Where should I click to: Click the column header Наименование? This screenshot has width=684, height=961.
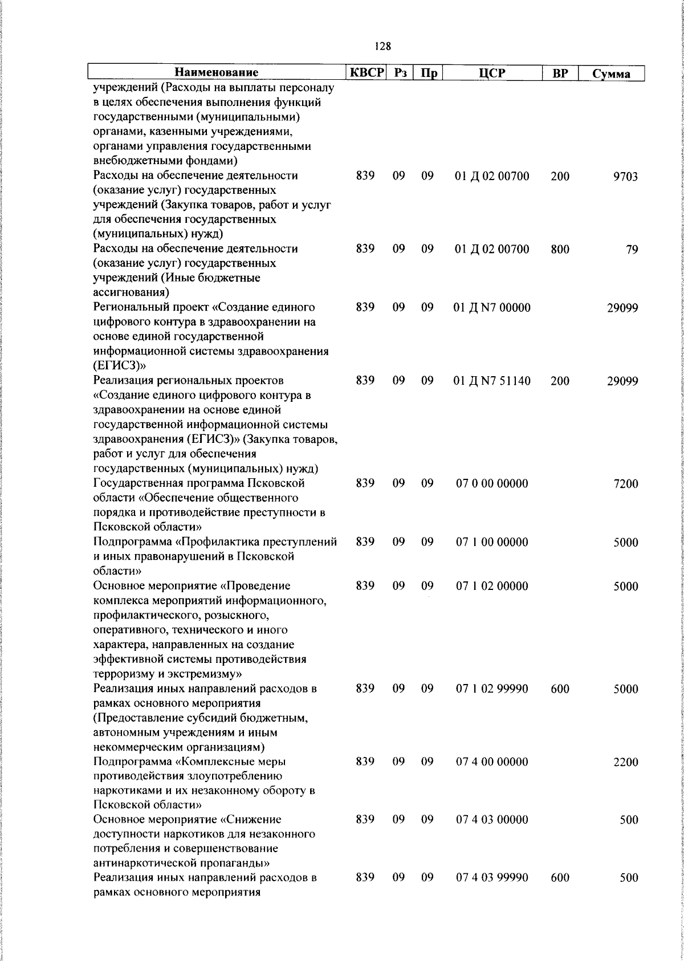(x=216, y=73)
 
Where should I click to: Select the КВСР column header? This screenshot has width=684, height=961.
(x=366, y=73)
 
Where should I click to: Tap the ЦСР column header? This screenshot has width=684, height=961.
(x=492, y=73)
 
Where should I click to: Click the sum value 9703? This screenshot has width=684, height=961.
(x=625, y=177)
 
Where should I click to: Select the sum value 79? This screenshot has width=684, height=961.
(x=632, y=250)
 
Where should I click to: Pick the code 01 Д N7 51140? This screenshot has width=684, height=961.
(x=491, y=381)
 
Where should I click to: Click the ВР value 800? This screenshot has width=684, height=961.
(x=560, y=249)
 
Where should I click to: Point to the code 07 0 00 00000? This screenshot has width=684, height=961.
(x=491, y=483)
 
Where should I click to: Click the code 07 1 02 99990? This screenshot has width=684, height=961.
(x=491, y=689)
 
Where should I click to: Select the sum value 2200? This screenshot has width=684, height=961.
(x=625, y=762)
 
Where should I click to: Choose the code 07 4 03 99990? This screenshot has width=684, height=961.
(x=491, y=878)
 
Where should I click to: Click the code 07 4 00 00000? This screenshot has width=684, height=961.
(x=491, y=762)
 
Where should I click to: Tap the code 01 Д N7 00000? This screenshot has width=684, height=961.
(x=491, y=308)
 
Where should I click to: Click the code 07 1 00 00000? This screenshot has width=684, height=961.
(x=491, y=542)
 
